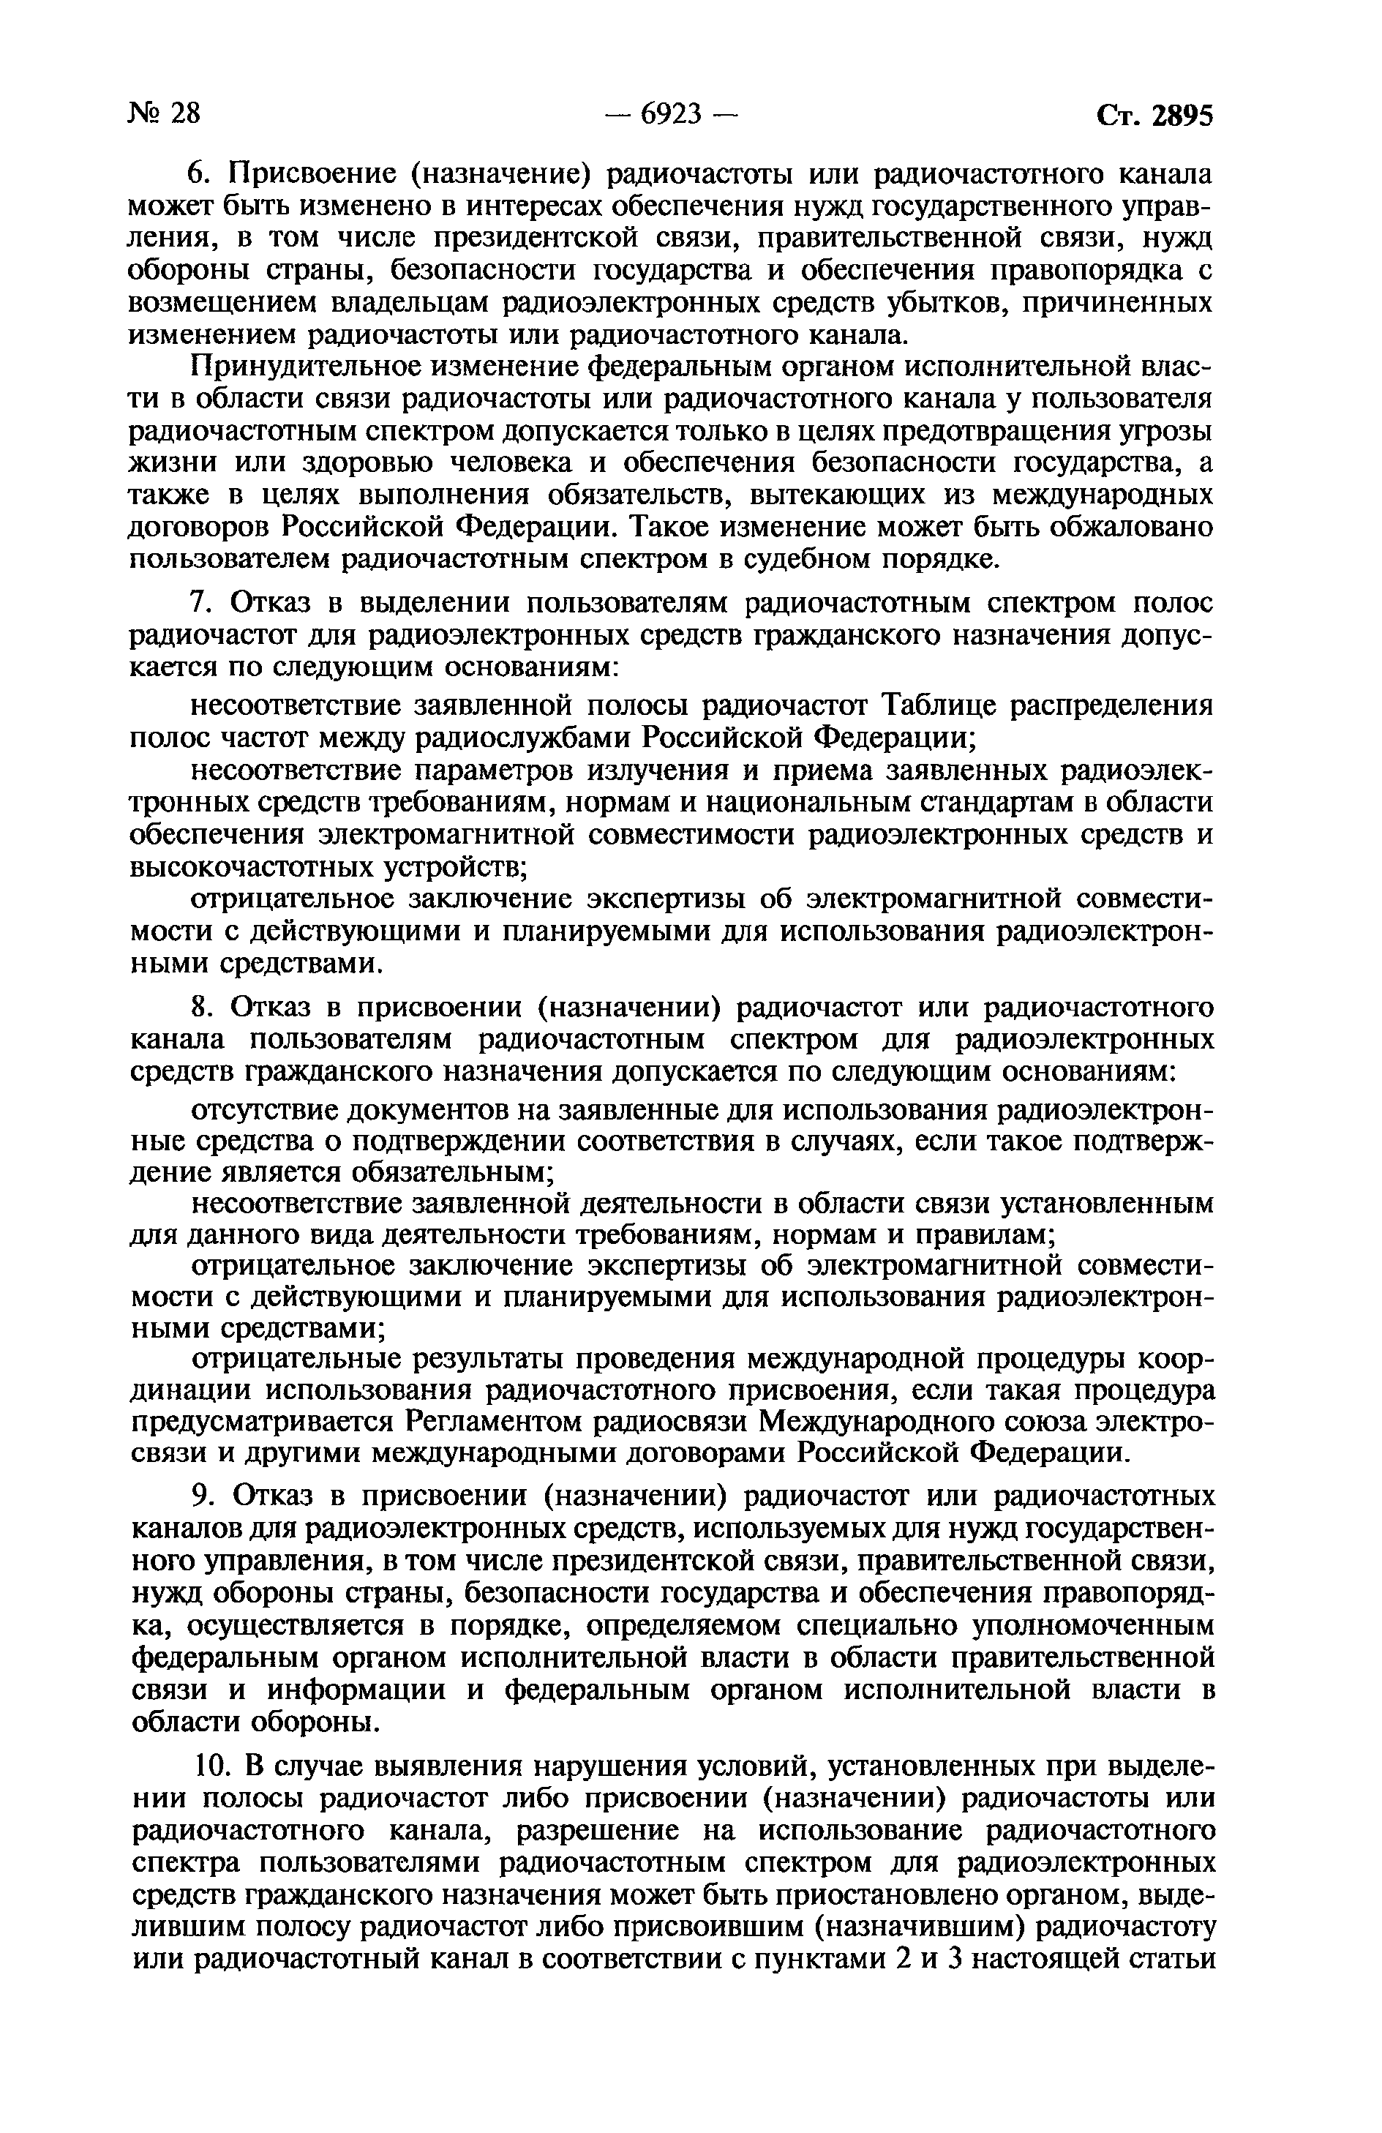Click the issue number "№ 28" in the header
pos(165,114)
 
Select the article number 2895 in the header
pos(1182,116)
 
